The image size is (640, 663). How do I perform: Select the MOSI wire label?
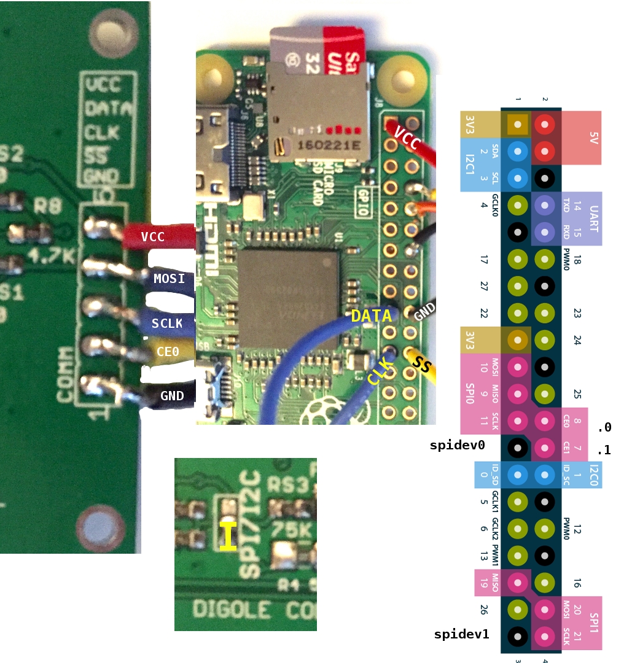169,279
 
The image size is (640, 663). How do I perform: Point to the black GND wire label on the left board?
171,395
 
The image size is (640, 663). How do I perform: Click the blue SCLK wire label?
166,322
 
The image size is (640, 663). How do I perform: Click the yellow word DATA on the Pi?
371,316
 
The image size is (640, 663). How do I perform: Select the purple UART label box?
585,219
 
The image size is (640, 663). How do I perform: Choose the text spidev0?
458,446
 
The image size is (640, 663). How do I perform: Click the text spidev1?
461,634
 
